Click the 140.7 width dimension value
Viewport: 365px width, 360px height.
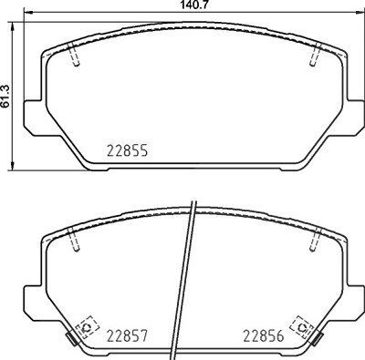coord(194,5)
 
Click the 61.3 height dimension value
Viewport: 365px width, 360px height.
coord(5,96)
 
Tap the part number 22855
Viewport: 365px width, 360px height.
coord(127,150)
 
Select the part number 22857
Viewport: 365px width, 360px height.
coord(127,336)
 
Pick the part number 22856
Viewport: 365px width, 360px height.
coord(264,336)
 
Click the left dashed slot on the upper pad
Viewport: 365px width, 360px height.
coord(74,54)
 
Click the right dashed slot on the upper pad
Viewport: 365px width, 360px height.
coord(315,54)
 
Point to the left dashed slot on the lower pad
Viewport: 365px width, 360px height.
coord(74,240)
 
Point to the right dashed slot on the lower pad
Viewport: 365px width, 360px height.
coord(315,240)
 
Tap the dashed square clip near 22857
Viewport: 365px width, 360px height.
coord(88,327)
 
